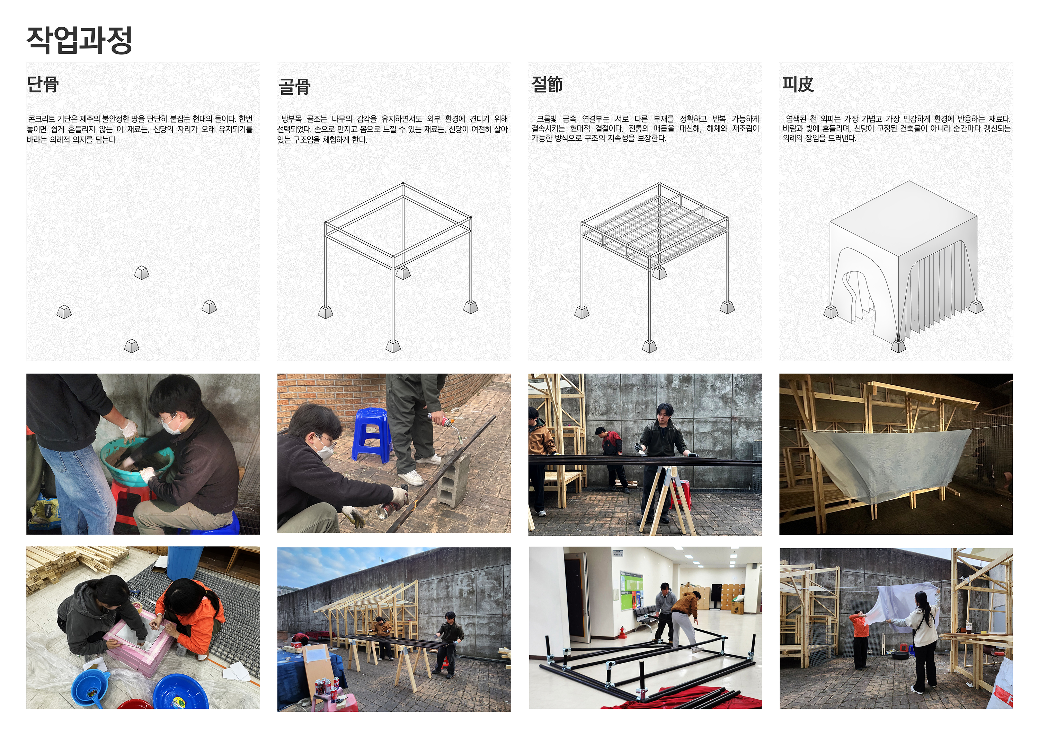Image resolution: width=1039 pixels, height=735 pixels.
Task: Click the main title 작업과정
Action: click(79, 40)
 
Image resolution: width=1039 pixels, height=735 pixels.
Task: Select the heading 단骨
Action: click(43, 84)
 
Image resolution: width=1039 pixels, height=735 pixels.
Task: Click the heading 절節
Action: click(547, 84)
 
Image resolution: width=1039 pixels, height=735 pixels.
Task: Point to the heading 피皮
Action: click(798, 84)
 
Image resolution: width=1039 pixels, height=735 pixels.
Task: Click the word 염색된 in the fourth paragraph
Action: click(796, 119)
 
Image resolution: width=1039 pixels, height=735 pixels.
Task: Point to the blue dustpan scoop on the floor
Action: click(90, 689)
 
